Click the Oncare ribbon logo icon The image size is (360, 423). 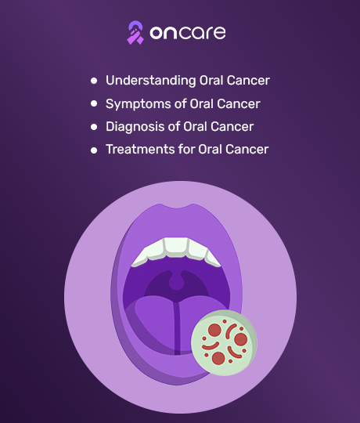click(135, 33)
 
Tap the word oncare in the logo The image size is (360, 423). click(188, 33)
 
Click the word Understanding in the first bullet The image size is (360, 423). click(150, 81)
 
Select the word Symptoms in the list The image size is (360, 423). click(139, 104)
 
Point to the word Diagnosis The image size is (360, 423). click(135, 127)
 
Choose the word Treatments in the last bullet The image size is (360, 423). click(140, 149)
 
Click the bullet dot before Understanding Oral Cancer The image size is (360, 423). click(94, 81)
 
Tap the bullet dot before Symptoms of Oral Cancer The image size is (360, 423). click(94, 103)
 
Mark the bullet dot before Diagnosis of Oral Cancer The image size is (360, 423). click(94, 127)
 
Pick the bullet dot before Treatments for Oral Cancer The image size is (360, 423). click(94, 150)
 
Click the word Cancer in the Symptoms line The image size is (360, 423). click(239, 104)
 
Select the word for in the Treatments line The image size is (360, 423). click(186, 149)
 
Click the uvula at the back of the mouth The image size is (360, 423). click(177, 280)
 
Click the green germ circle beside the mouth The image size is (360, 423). click(224, 342)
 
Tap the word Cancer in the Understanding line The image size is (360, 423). click(248, 81)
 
